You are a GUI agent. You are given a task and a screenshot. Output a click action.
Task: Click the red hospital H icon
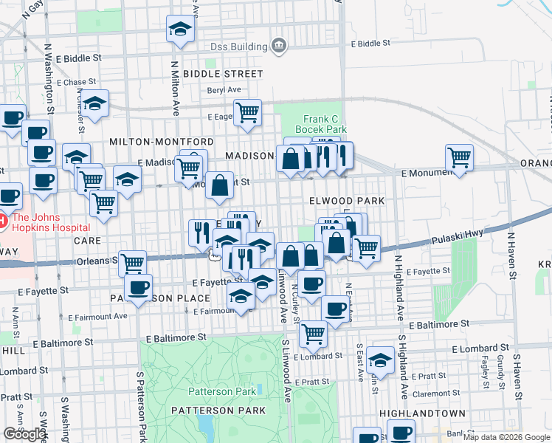(3, 220)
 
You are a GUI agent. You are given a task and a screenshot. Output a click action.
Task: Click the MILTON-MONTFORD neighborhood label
(162, 141)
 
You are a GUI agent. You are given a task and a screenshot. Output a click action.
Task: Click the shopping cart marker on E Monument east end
(459, 157)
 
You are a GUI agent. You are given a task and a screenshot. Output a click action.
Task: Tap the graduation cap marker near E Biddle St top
(179, 30)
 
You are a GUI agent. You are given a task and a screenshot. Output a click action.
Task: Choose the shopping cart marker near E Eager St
(248, 112)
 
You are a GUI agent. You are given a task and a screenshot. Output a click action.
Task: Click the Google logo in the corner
(24, 434)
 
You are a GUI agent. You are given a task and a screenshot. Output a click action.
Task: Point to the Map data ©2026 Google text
(506, 437)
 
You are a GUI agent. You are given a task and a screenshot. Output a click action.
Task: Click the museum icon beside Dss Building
(279, 46)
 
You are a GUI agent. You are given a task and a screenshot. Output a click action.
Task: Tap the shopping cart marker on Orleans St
(132, 263)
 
